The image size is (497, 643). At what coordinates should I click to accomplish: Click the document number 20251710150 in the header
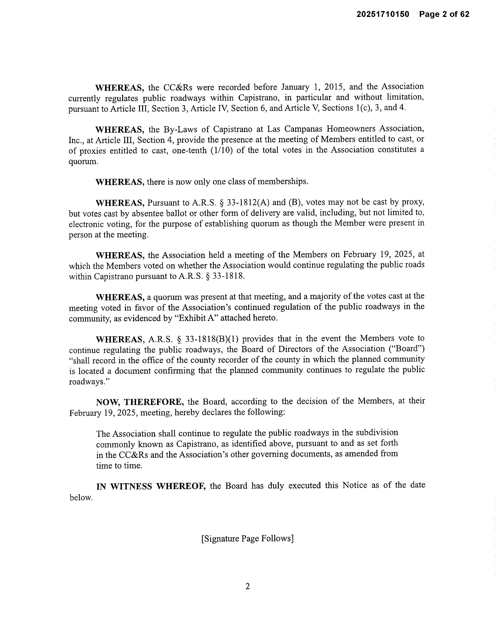(383, 14)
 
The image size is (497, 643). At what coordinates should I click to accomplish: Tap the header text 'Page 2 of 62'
(444, 14)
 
